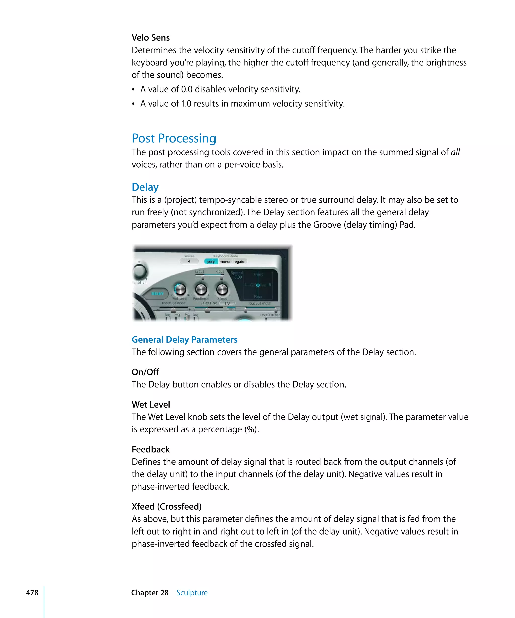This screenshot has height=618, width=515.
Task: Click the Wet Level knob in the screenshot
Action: tap(180, 289)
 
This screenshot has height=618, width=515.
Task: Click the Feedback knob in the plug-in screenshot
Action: tap(201, 289)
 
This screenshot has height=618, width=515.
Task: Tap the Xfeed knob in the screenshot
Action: tap(222, 289)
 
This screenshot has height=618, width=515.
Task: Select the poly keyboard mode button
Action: tap(211, 262)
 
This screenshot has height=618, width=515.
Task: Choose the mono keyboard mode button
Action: tap(225, 262)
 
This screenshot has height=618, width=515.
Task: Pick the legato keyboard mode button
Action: tap(239, 262)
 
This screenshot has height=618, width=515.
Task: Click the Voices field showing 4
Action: tap(189, 261)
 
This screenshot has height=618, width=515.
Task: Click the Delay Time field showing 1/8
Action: tap(227, 303)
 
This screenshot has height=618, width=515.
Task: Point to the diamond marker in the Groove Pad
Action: tap(258, 285)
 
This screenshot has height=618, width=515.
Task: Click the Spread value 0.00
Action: tap(238, 277)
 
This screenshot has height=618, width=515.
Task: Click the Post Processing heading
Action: tap(174, 138)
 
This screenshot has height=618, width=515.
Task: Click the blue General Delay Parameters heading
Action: tap(184, 340)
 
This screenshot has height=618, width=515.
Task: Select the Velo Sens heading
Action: tap(150, 38)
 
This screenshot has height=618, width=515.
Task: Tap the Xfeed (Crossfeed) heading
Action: tap(166, 506)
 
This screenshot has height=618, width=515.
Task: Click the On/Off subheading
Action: tap(145, 372)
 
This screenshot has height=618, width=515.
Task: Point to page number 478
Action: tap(32, 592)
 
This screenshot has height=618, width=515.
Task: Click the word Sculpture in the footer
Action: tap(192, 592)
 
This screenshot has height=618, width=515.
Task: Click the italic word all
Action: tap(455, 152)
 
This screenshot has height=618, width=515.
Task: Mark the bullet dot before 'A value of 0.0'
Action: tap(133, 90)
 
